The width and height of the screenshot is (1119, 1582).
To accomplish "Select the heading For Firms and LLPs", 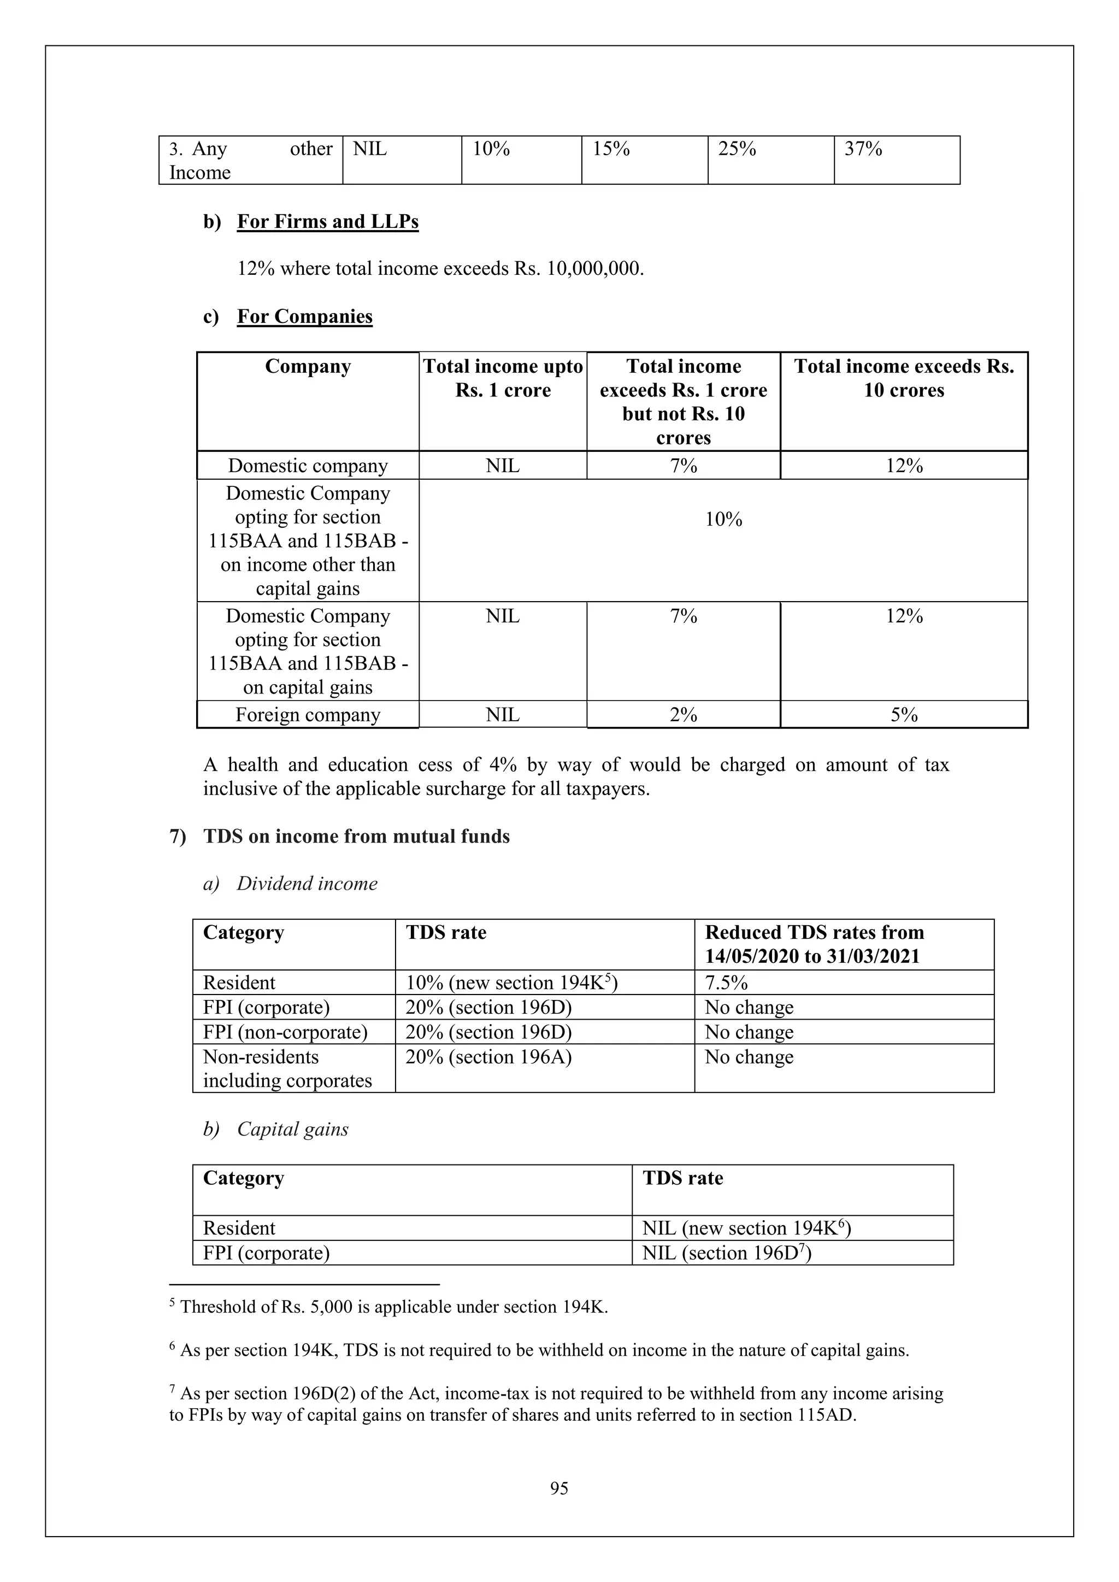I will coord(327,222).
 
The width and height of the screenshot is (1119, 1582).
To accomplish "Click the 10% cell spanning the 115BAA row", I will coord(723,520).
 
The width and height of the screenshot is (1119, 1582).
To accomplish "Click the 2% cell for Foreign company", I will coord(683,715).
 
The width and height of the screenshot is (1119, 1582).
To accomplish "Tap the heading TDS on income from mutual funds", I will coord(356,837).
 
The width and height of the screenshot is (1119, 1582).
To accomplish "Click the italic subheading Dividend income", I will coord(307,884).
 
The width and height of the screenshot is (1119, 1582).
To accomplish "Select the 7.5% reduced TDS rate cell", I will coord(726,983).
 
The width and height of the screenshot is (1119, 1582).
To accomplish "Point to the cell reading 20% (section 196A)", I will coord(488,1057).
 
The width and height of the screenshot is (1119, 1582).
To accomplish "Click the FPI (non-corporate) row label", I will coord(285,1032).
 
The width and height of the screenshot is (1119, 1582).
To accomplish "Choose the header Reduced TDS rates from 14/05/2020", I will coord(814,944).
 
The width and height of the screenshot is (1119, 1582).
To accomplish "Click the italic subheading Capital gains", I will coord(292,1130).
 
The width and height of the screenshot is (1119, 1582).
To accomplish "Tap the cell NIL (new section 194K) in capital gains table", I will coord(746,1228).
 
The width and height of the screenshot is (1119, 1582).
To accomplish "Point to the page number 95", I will coord(559,1489).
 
